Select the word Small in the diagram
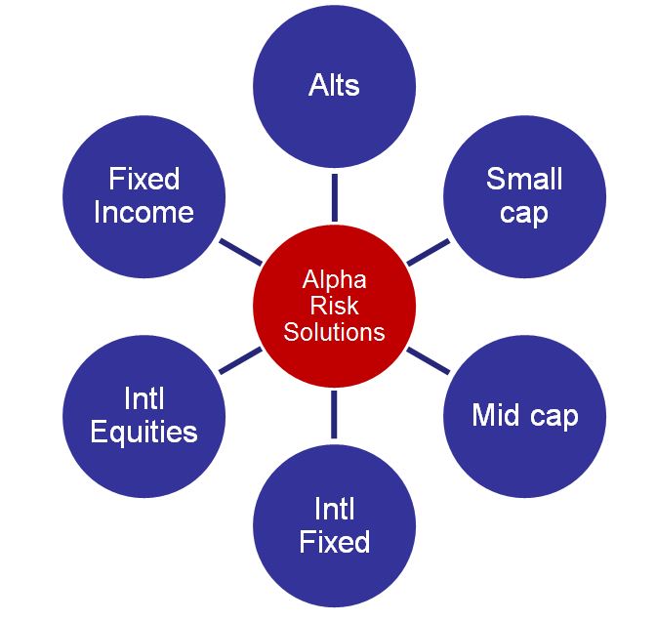point(524,179)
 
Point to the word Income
point(143,212)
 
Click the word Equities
point(143,431)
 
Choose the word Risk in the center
point(334,306)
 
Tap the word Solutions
point(334,332)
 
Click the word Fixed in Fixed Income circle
point(144,180)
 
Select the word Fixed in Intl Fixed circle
point(334,541)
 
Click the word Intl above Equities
point(143,398)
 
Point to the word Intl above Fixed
point(334,509)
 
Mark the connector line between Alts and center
point(334,198)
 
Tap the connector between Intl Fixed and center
point(334,413)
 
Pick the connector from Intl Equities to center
point(240,360)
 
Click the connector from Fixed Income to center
point(240,252)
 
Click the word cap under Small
point(524,212)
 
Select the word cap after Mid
point(553,416)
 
